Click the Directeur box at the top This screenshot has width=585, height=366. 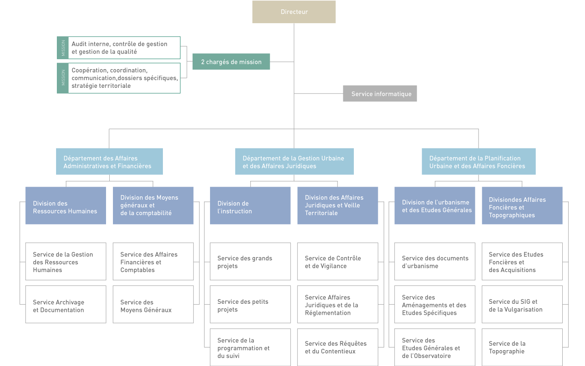click(x=294, y=12)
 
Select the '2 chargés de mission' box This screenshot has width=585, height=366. click(x=231, y=62)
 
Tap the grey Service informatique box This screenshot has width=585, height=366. click(x=380, y=94)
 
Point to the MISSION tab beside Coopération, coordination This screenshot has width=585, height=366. click(x=63, y=78)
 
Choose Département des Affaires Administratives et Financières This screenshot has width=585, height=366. click(x=109, y=162)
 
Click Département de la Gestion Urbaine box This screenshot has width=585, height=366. click(x=294, y=162)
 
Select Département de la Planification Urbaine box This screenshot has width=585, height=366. click(x=478, y=162)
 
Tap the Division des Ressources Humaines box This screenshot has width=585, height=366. click(x=65, y=206)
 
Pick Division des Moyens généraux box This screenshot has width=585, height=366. click(x=153, y=206)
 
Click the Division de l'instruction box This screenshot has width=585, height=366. click(x=250, y=206)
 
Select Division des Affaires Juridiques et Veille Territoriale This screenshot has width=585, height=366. click(x=338, y=206)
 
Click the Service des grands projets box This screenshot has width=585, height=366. click(x=250, y=261)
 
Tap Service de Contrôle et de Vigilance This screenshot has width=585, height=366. click(x=338, y=261)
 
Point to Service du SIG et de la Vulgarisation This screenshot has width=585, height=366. click(x=522, y=305)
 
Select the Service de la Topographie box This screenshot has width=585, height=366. click(x=522, y=347)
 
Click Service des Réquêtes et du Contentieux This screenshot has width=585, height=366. click(x=338, y=347)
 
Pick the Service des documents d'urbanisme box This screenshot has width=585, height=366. click(x=435, y=261)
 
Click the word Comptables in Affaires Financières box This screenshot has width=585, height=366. click(x=137, y=270)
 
